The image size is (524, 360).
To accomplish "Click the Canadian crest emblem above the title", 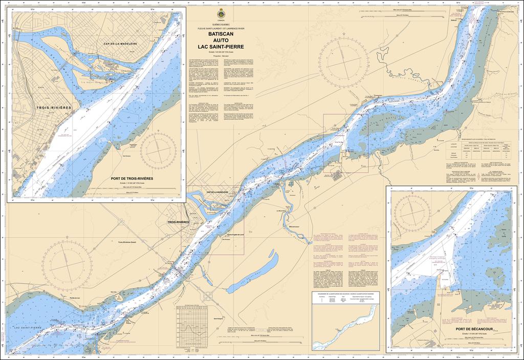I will pos(221,13).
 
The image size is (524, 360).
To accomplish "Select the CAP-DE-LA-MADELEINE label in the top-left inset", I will pos(119,44).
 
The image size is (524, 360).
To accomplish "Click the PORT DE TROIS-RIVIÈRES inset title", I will pos(132,179).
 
